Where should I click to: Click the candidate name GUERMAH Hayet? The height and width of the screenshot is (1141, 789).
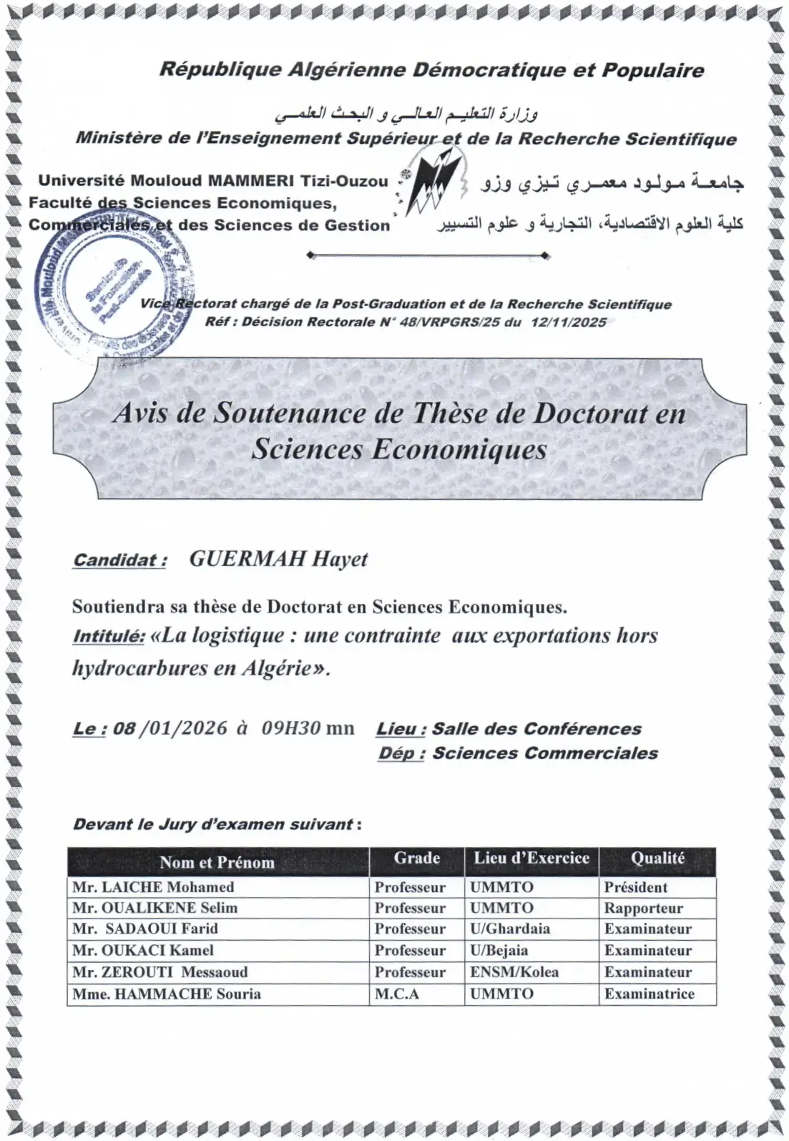tap(278, 559)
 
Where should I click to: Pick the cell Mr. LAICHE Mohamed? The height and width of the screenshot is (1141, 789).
tap(154, 887)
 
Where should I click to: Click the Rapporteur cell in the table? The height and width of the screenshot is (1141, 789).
tap(643, 909)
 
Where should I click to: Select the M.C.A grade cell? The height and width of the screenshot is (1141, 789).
tap(397, 994)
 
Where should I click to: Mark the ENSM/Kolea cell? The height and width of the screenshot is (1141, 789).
tap(514, 972)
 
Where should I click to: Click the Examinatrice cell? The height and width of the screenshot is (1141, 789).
tap(649, 994)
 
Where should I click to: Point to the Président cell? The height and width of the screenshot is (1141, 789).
tap(635, 887)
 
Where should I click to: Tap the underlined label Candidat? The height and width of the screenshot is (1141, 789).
tap(119, 559)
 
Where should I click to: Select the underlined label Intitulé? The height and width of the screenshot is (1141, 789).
tap(109, 636)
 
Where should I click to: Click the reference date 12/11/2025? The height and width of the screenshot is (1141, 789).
tap(568, 322)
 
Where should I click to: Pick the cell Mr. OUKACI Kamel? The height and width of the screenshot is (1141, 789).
tap(143, 951)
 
